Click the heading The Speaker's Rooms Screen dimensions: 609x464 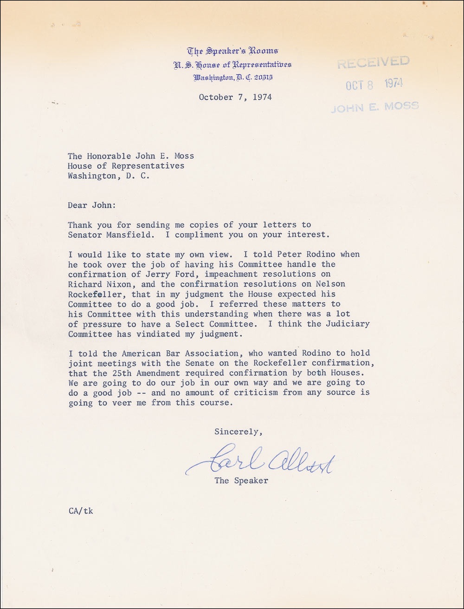(x=232, y=51)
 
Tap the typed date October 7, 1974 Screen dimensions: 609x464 (x=235, y=97)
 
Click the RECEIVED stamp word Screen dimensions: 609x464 (x=374, y=62)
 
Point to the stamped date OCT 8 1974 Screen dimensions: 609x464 (x=374, y=84)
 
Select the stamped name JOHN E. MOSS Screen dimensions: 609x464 (x=375, y=106)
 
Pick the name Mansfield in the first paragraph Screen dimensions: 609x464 (x=119, y=235)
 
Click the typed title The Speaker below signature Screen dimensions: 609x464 (x=241, y=481)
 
